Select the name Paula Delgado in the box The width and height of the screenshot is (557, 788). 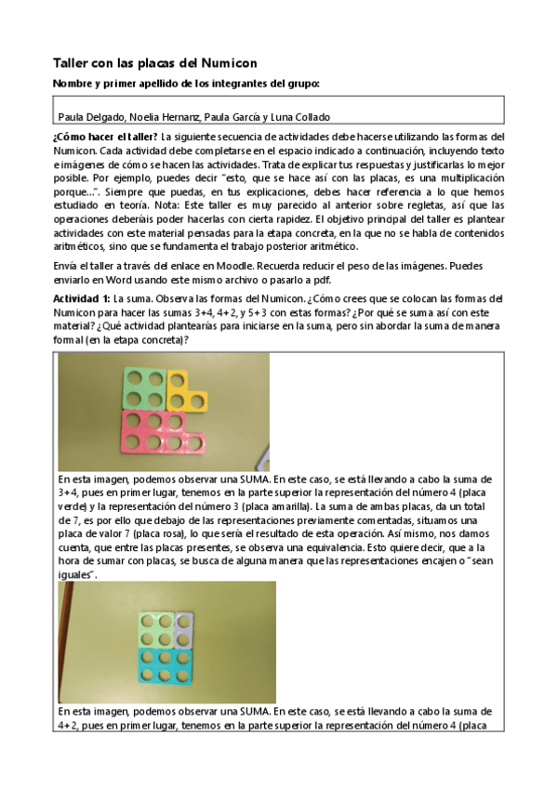(91, 116)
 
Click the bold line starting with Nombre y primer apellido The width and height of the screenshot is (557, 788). (187, 84)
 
